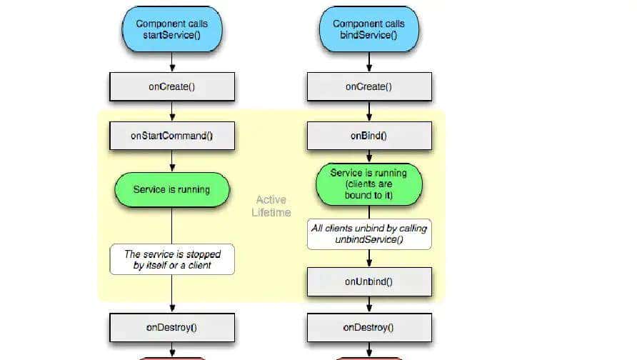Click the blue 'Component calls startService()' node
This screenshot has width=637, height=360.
[x=172, y=29]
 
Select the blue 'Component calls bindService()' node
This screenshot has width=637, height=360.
[x=368, y=29]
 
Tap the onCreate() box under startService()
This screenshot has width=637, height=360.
[x=172, y=86]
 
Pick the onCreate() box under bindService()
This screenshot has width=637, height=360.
[x=368, y=86]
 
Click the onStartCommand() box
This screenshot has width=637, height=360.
[x=172, y=136]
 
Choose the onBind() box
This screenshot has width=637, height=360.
[x=368, y=136]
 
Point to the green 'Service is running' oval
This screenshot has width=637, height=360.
[x=172, y=189]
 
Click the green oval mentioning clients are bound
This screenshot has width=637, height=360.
[x=368, y=184]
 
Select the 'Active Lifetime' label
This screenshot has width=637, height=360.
[x=271, y=206]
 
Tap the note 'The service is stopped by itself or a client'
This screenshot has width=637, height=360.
[x=172, y=259]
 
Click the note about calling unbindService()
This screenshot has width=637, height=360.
[x=368, y=234]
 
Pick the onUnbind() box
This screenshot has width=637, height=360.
[x=368, y=281]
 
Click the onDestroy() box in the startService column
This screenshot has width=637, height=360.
[x=172, y=328]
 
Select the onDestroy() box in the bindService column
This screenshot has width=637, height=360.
[x=368, y=328]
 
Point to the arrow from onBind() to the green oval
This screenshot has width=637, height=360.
[x=368, y=157]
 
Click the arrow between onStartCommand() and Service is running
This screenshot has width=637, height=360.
[x=172, y=161]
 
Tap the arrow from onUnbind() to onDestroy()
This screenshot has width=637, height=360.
[x=368, y=304]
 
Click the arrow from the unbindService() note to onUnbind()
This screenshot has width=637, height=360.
[x=368, y=259]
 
